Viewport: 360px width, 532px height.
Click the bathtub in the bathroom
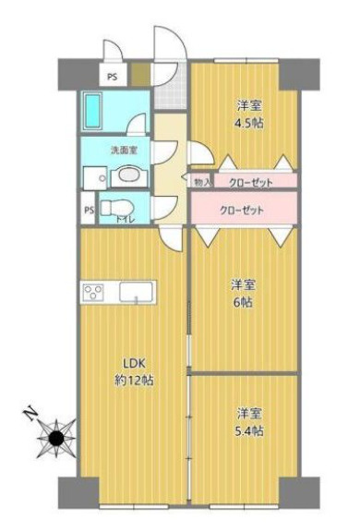coord(93,111)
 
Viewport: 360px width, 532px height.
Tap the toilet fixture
coord(117,207)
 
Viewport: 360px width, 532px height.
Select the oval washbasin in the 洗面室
coord(129,175)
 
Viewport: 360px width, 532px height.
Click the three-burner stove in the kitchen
coord(93,292)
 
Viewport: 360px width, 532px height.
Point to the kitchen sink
coord(137,292)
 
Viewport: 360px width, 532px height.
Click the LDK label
coord(134,363)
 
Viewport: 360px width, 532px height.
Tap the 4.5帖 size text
coord(249,123)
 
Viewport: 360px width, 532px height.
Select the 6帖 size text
coord(243,302)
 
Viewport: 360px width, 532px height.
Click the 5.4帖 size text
coord(249,431)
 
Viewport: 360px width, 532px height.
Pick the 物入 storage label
coord(202,183)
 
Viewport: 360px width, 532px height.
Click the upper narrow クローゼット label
coord(251,183)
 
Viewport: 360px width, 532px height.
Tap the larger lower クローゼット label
coord(241,210)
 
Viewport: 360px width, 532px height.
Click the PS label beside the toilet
coord(89,211)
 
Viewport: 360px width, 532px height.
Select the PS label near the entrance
coord(113,77)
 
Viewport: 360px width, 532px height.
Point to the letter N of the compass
coord(30,413)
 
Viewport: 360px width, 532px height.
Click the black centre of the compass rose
coord(56,439)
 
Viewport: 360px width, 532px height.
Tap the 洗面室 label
coord(125,151)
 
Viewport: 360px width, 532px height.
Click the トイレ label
coord(126,220)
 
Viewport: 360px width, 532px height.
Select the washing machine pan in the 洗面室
coord(96,177)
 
